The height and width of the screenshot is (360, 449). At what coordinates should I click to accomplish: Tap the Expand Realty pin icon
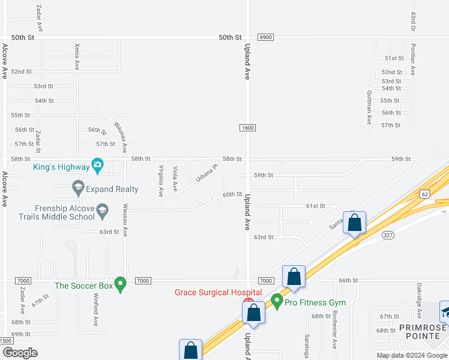(x=77, y=188)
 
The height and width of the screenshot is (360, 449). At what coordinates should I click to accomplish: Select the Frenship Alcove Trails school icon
(x=103, y=209)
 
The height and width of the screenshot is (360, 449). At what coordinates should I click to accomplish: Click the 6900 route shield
(x=266, y=37)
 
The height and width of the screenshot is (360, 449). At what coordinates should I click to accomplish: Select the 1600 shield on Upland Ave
(x=247, y=128)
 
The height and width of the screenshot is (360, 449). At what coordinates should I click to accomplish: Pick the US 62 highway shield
(x=424, y=193)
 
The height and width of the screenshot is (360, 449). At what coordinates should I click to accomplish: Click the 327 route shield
(x=388, y=235)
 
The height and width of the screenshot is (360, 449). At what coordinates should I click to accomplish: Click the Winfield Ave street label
(x=95, y=308)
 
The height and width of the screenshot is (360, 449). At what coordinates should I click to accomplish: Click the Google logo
(x=19, y=352)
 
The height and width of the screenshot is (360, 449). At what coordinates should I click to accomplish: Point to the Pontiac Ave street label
(x=413, y=57)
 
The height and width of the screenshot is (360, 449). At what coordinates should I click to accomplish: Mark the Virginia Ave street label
(x=161, y=181)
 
